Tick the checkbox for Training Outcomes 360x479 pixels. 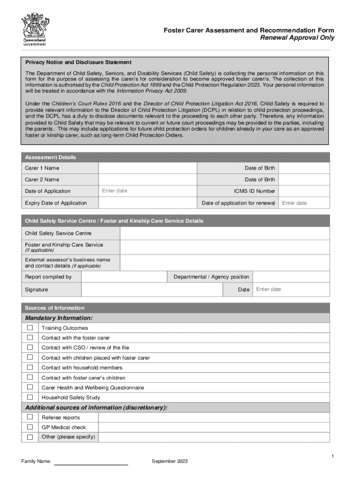click(30, 328)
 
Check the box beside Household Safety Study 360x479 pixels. click(30, 397)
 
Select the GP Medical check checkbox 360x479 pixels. click(30, 427)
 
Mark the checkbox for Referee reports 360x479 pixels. click(30, 417)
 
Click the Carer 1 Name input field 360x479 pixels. click(147, 168)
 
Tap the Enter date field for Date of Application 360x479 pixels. click(147, 191)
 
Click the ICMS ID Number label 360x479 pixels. click(254, 191)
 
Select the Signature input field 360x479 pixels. click(159, 290)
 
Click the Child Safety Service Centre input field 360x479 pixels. click(224, 233)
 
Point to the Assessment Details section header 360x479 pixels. click(50, 157)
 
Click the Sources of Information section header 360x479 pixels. click(55, 308)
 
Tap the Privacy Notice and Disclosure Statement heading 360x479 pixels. click(78, 62)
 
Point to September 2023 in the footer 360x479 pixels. click(170, 462)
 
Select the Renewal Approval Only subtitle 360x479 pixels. click(297, 38)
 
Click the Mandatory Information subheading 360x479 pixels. click(59, 318)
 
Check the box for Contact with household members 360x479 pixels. click(30, 368)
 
